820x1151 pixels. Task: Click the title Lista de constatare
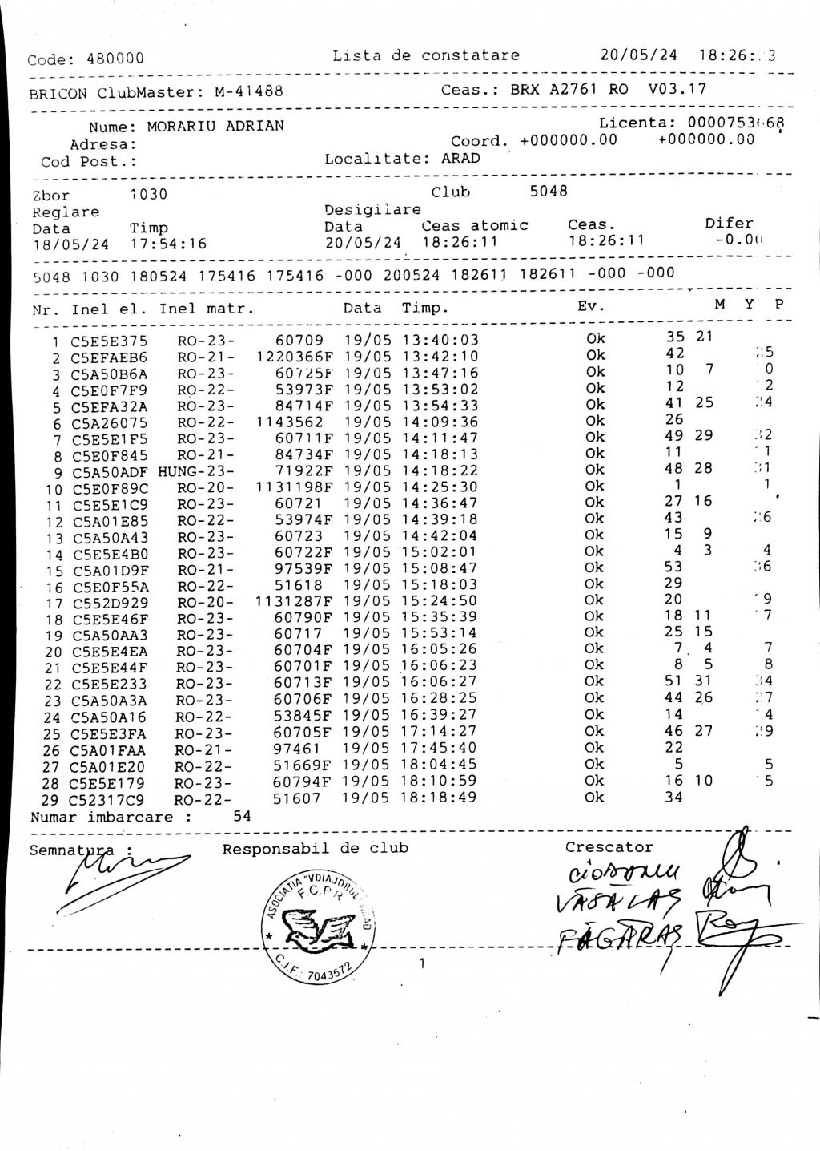425,55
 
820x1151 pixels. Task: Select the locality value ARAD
460,158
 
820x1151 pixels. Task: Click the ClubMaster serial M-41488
249,92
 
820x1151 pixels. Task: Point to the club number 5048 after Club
549,192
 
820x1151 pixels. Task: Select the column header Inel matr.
207,309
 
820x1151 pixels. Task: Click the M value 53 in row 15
674,567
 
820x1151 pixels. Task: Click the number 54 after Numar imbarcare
242,816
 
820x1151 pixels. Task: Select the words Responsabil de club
315,848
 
